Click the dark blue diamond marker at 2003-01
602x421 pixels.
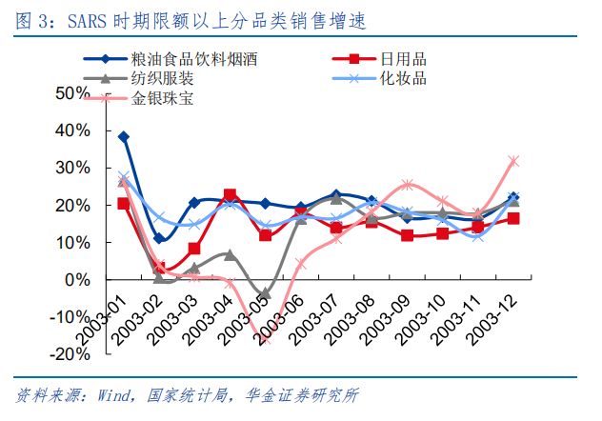click(124, 137)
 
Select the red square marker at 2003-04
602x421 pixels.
click(230, 195)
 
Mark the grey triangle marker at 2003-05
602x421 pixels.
click(265, 293)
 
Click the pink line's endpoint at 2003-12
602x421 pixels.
click(513, 161)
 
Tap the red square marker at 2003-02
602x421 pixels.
click(159, 269)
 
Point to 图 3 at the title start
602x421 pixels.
click(29, 20)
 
